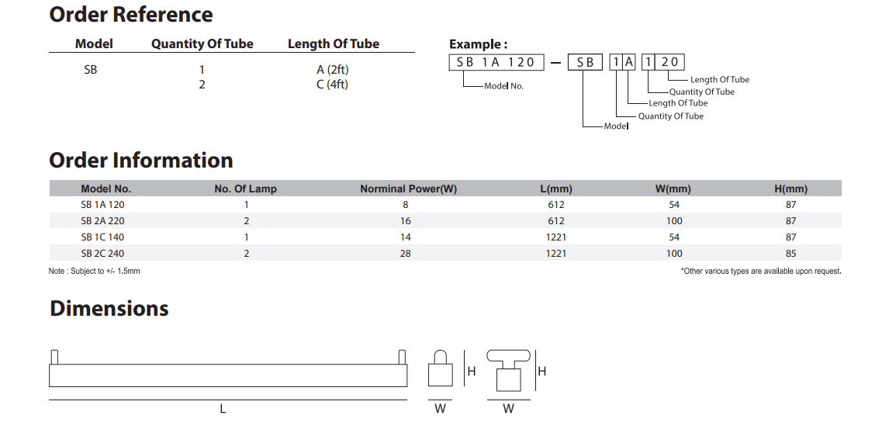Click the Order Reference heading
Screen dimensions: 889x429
coord(131,14)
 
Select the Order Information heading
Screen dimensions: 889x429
coord(141,160)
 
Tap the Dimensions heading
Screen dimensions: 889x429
coord(109,308)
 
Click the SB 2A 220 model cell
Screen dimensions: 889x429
coord(102,220)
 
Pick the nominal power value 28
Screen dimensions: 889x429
coord(406,254)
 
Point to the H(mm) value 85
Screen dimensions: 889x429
coord(791,254)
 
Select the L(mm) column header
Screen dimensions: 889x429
coord(556,189)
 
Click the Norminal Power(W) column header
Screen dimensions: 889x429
coord(408,189)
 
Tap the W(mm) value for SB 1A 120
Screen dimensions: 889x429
coord(674,205)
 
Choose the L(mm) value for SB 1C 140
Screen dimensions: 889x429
coord(556,237)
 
